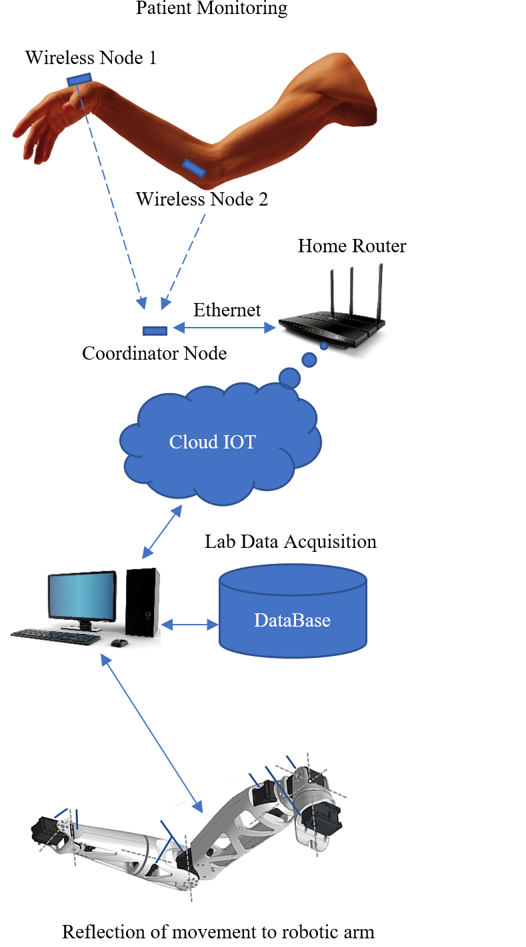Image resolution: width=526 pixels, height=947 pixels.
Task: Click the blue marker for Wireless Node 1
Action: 79,79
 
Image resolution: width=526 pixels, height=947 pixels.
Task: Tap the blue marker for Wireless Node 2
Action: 195,168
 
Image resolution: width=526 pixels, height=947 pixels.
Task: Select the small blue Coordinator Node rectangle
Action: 155,330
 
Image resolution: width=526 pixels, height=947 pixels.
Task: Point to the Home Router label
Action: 351,246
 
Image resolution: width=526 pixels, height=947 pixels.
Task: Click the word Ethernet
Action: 227,310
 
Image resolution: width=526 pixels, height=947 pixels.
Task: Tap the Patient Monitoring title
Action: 211,9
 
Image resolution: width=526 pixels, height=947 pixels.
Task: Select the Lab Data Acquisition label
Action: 290,541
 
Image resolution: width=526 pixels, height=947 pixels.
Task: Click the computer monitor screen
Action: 81,597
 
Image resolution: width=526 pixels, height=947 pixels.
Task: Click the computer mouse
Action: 119,643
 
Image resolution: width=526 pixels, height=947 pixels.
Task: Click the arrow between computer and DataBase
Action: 190,625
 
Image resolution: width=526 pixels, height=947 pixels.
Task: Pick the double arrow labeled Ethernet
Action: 225,328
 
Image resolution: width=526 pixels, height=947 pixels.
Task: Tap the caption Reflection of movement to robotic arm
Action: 218,932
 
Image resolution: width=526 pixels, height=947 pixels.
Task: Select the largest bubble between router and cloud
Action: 290,378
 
